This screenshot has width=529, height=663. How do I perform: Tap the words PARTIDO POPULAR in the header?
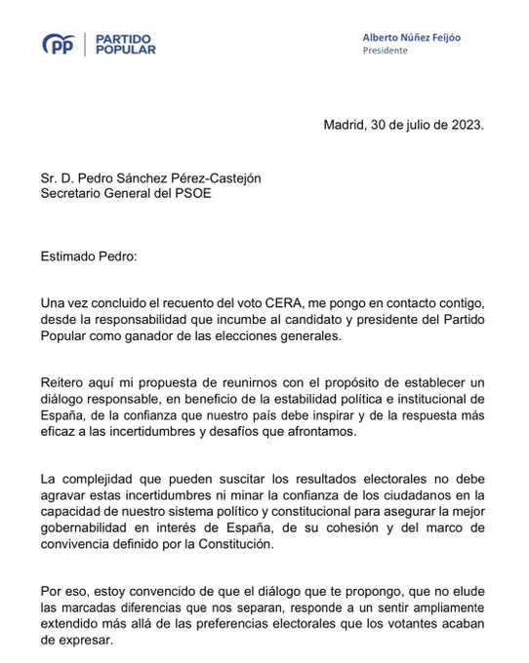(x=125, y=43)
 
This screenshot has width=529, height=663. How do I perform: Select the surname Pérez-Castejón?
(x=216, y=177)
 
